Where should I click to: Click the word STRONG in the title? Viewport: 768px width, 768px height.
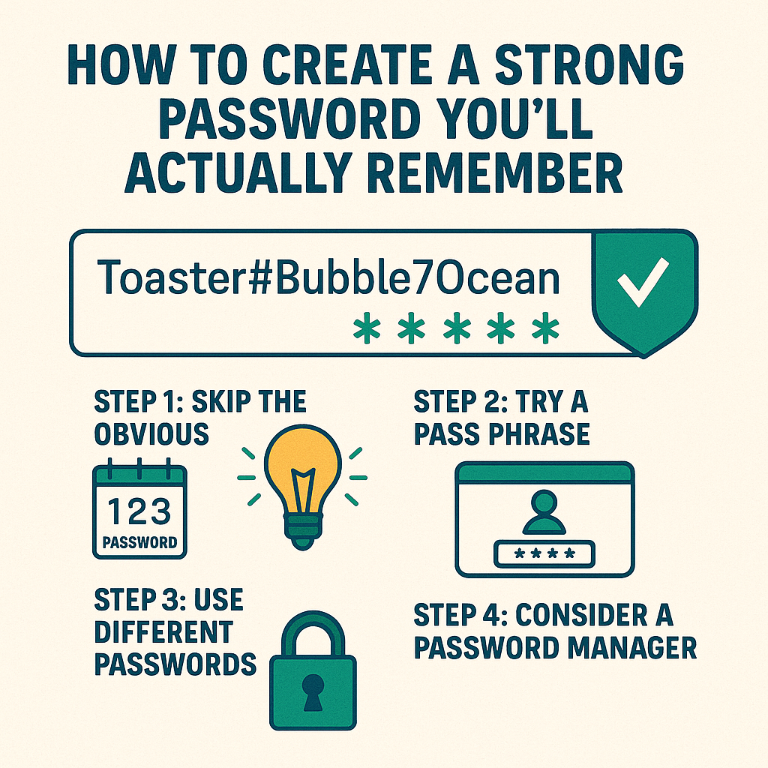pyautogui.click(x=589, y=64)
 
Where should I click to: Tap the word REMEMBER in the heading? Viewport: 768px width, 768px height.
pyautogui.click(x=495, y=173)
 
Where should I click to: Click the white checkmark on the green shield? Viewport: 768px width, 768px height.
pyautogui.click(x=643, y=282)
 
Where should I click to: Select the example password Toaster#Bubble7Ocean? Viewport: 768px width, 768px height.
pyautogui.click(x=328, y=277)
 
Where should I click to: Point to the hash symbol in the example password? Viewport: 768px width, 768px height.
pyautogui.click(x=260, y=278)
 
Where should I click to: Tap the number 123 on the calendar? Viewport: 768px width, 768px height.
pyautogui.click(x=139, y=511)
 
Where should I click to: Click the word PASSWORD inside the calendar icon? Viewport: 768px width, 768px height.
pyautogui.click(x=139, y=542)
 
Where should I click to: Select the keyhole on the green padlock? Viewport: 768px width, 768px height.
pyautogui.click(x=313, y=692)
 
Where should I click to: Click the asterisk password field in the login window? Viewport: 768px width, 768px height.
pyautogui.click(x=544, y=554)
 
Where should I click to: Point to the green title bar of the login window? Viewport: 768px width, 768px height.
pyautogui.click(x=544, y=473)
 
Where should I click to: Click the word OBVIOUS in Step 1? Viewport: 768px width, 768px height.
pyautogui.click(x=151, y=434)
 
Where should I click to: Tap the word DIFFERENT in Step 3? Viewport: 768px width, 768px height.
pyautogui.click(x=163, y=631)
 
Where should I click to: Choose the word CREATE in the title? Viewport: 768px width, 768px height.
pyautogui.click(x=346, y=64)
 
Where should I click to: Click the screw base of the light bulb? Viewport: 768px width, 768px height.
pyautogui.click(x=303, y=532)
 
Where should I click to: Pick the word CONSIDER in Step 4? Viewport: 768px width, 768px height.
pyautogui.click(x=581, y=615)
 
